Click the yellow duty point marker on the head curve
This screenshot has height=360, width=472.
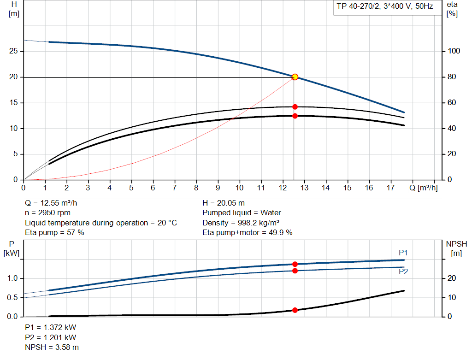coord(295,77)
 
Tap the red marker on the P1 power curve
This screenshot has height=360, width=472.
coord(295,264)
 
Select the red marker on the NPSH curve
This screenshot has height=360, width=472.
coord(295,310)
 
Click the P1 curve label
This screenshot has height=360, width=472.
coord(403,252)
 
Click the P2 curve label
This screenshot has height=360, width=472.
coord(403,272)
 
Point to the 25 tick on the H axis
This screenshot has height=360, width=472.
coord(13,51)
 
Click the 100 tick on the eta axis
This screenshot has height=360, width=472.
coord(452,51)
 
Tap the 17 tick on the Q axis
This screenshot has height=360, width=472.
coord(390,188)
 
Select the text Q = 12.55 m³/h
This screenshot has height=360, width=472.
coord(54,203)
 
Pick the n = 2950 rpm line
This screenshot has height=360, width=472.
coord(47,213)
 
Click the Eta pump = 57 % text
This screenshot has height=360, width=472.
coord(54,233)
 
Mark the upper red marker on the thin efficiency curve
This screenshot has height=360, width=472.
coord(295,107)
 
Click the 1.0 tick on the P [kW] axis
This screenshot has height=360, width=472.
coord(12,278)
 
